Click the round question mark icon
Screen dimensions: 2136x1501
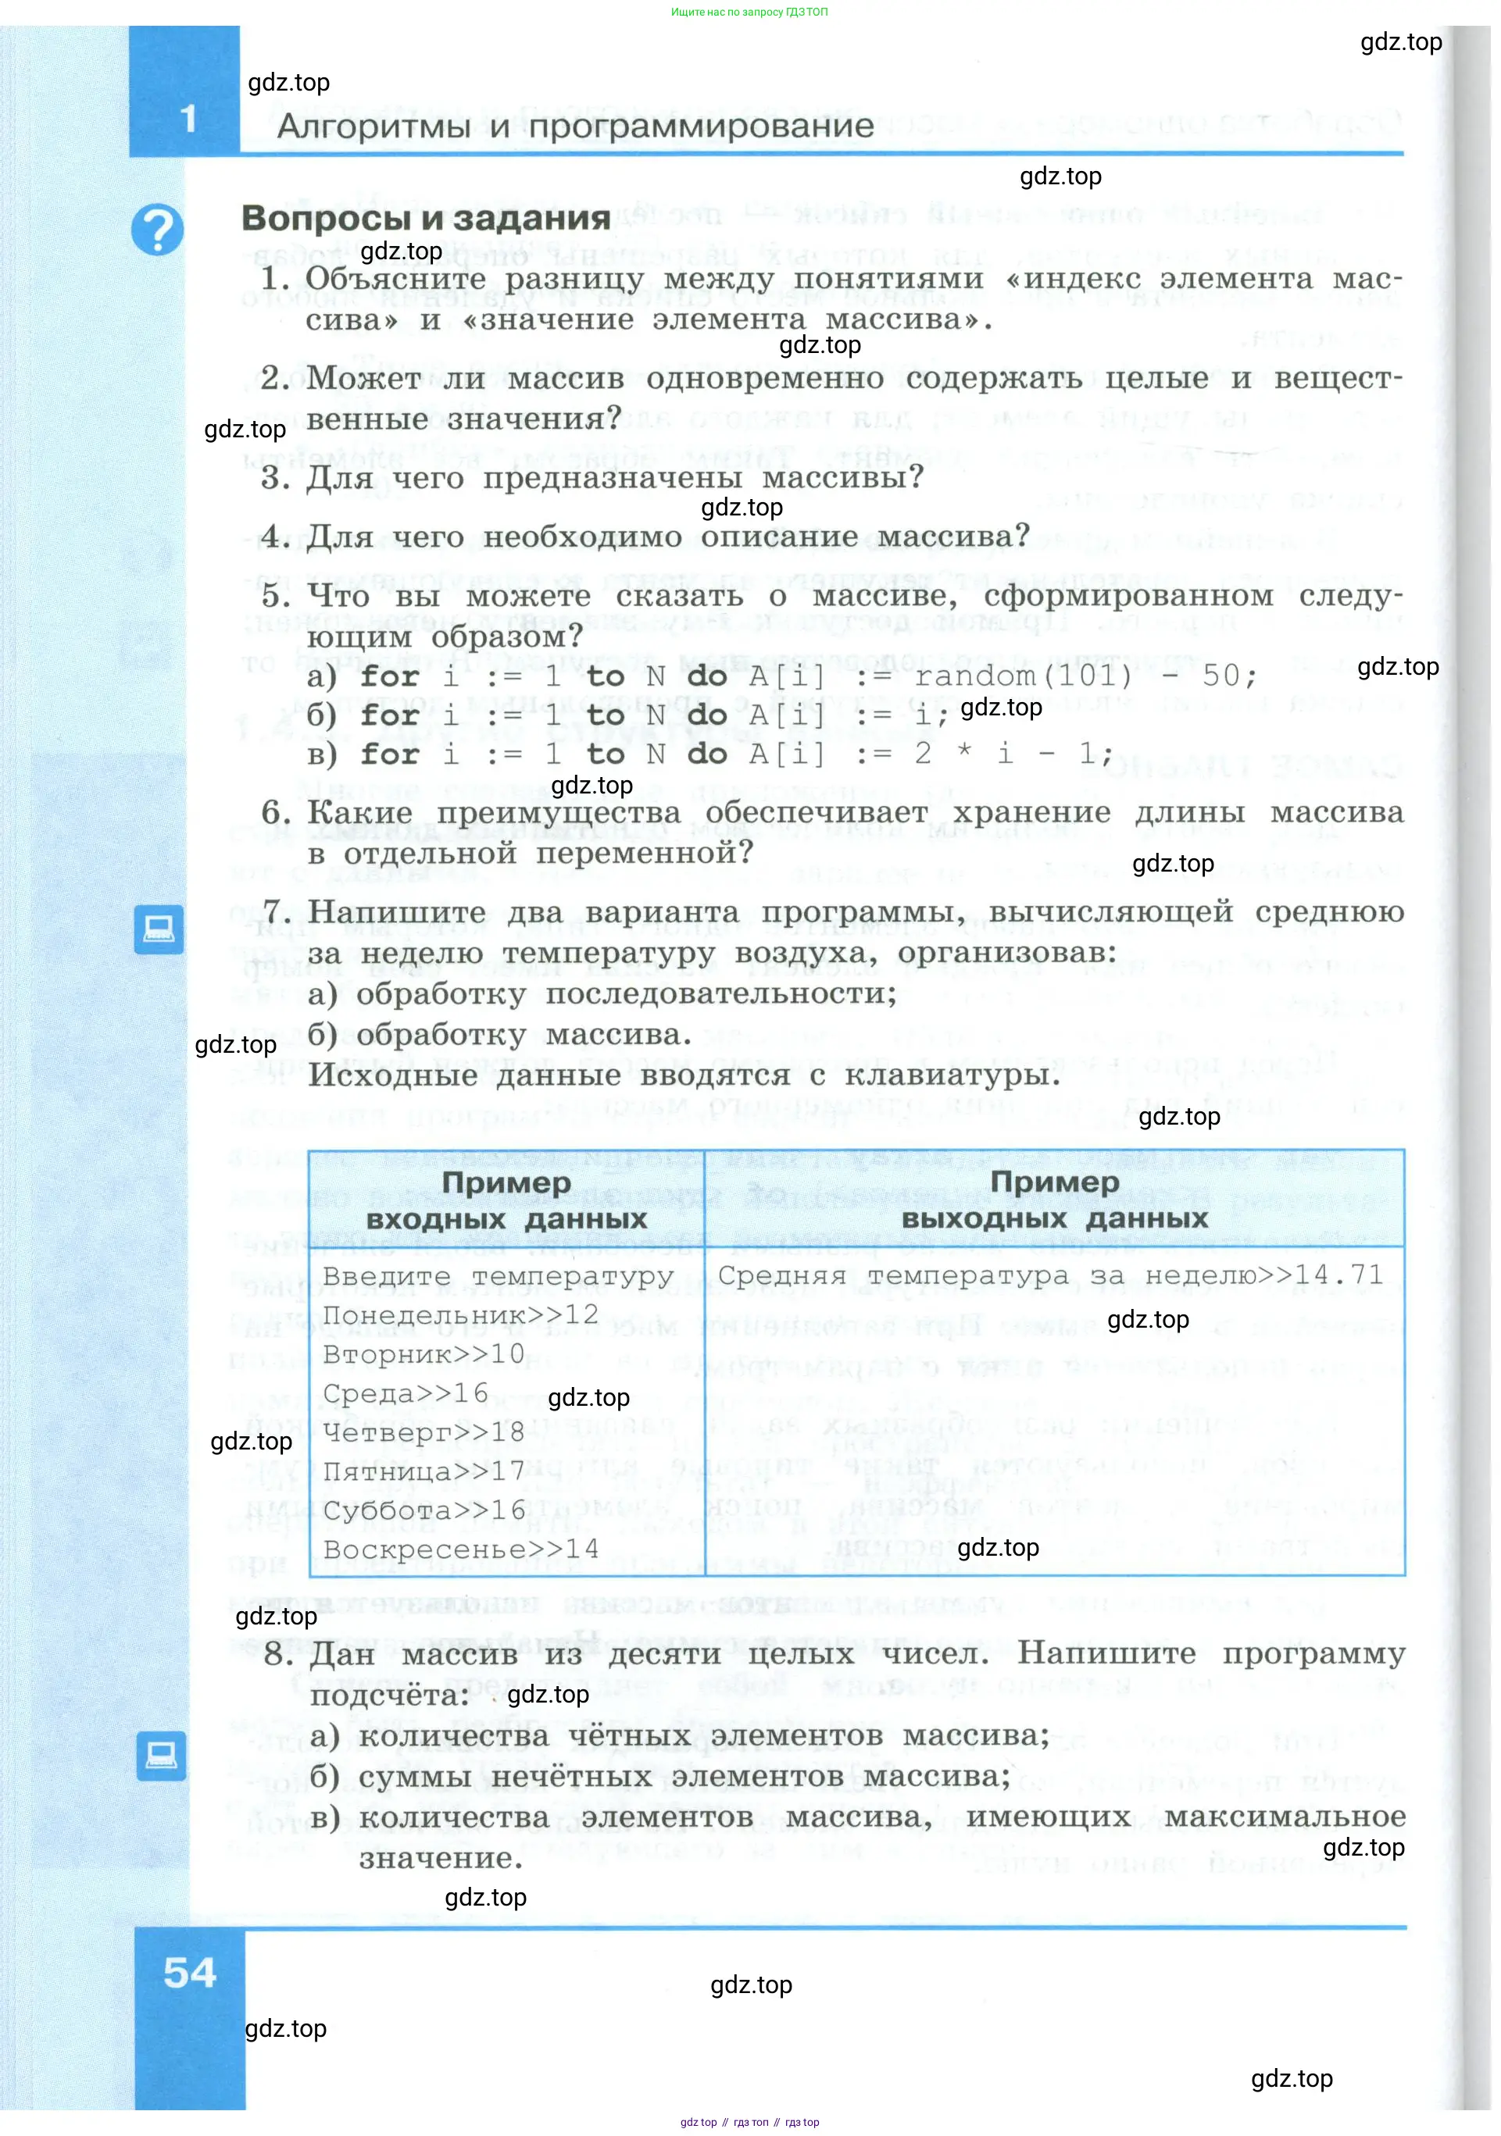click(157, 229)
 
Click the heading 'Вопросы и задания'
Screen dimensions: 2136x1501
click(425, 218)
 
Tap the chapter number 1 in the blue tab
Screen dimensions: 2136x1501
click(189, 119)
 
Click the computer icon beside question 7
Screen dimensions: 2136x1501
click(158, 929)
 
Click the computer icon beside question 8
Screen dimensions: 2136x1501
click(161, 1756)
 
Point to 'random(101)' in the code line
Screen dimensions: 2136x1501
click(1023, 676)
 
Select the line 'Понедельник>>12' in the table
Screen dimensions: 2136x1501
click(461, 1314)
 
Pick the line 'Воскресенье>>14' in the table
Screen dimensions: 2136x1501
click(461, 1549)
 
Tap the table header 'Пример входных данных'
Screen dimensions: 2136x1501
click(506, 1200)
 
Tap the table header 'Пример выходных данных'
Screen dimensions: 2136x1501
click(1054, 1200)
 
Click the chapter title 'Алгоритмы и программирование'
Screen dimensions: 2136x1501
click(575, 126)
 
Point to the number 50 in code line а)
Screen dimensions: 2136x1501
click(1221, 676)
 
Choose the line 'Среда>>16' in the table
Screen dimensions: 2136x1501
click(405, 1393)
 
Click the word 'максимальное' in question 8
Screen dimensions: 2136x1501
click(1285, 1816)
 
